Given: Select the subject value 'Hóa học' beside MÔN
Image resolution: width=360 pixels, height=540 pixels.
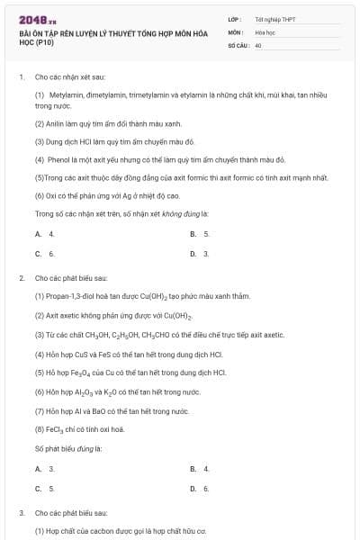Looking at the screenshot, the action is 265,31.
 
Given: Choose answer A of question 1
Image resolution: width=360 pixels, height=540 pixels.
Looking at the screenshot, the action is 44,233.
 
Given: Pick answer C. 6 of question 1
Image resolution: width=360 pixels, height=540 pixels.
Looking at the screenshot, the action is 44,254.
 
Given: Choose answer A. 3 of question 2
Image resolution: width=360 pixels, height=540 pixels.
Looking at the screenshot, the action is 44,469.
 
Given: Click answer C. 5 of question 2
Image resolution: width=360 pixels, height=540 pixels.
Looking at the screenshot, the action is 44,489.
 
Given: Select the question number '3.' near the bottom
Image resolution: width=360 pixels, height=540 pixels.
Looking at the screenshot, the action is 22,512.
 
